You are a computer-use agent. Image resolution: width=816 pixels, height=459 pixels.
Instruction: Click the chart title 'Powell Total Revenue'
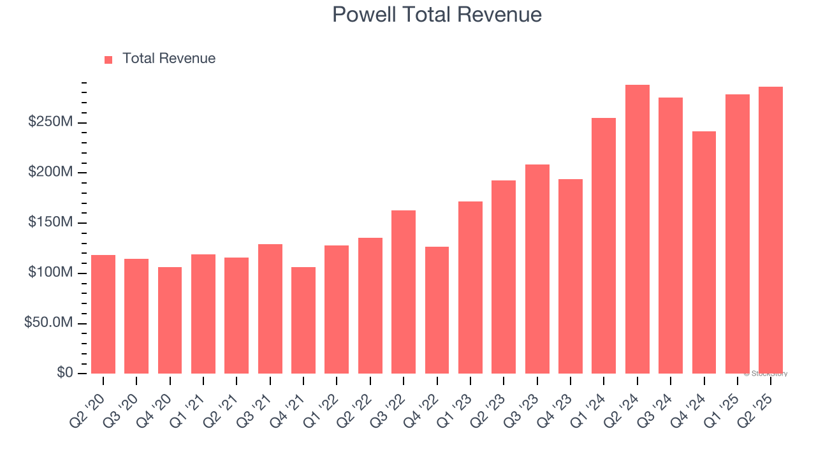click(x=437, y=15)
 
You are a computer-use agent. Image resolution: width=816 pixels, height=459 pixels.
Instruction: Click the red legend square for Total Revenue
click(x=108, y=59)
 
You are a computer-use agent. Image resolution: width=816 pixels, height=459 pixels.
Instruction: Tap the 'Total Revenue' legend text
click(x=169, y=59)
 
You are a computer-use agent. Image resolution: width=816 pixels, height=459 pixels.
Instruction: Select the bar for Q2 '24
click(x=637, y=229)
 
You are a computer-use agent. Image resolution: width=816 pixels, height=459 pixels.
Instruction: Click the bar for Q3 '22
click(x=404, y=292)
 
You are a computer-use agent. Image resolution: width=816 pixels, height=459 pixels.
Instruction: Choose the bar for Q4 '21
click(x=303, y=320)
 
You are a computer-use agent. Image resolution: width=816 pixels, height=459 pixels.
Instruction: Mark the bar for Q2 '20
click(x=103, y=314)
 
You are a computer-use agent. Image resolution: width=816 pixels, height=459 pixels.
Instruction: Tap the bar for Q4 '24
click(x=704, y=252)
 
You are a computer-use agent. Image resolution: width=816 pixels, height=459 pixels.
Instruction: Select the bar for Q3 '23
click(x=537, y=269)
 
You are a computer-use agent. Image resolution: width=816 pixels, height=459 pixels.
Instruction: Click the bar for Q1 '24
click(x=604, y=245)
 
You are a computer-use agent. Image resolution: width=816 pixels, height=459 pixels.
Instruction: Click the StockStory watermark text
click(x=765, y=374)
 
